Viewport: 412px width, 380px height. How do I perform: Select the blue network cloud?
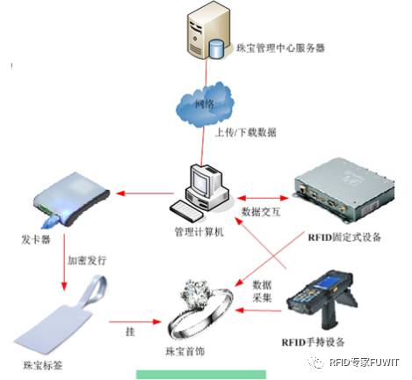click(206, 105)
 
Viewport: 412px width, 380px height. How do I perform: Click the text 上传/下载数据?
click(246, 133)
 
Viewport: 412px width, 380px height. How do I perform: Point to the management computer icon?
click(204, 189)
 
